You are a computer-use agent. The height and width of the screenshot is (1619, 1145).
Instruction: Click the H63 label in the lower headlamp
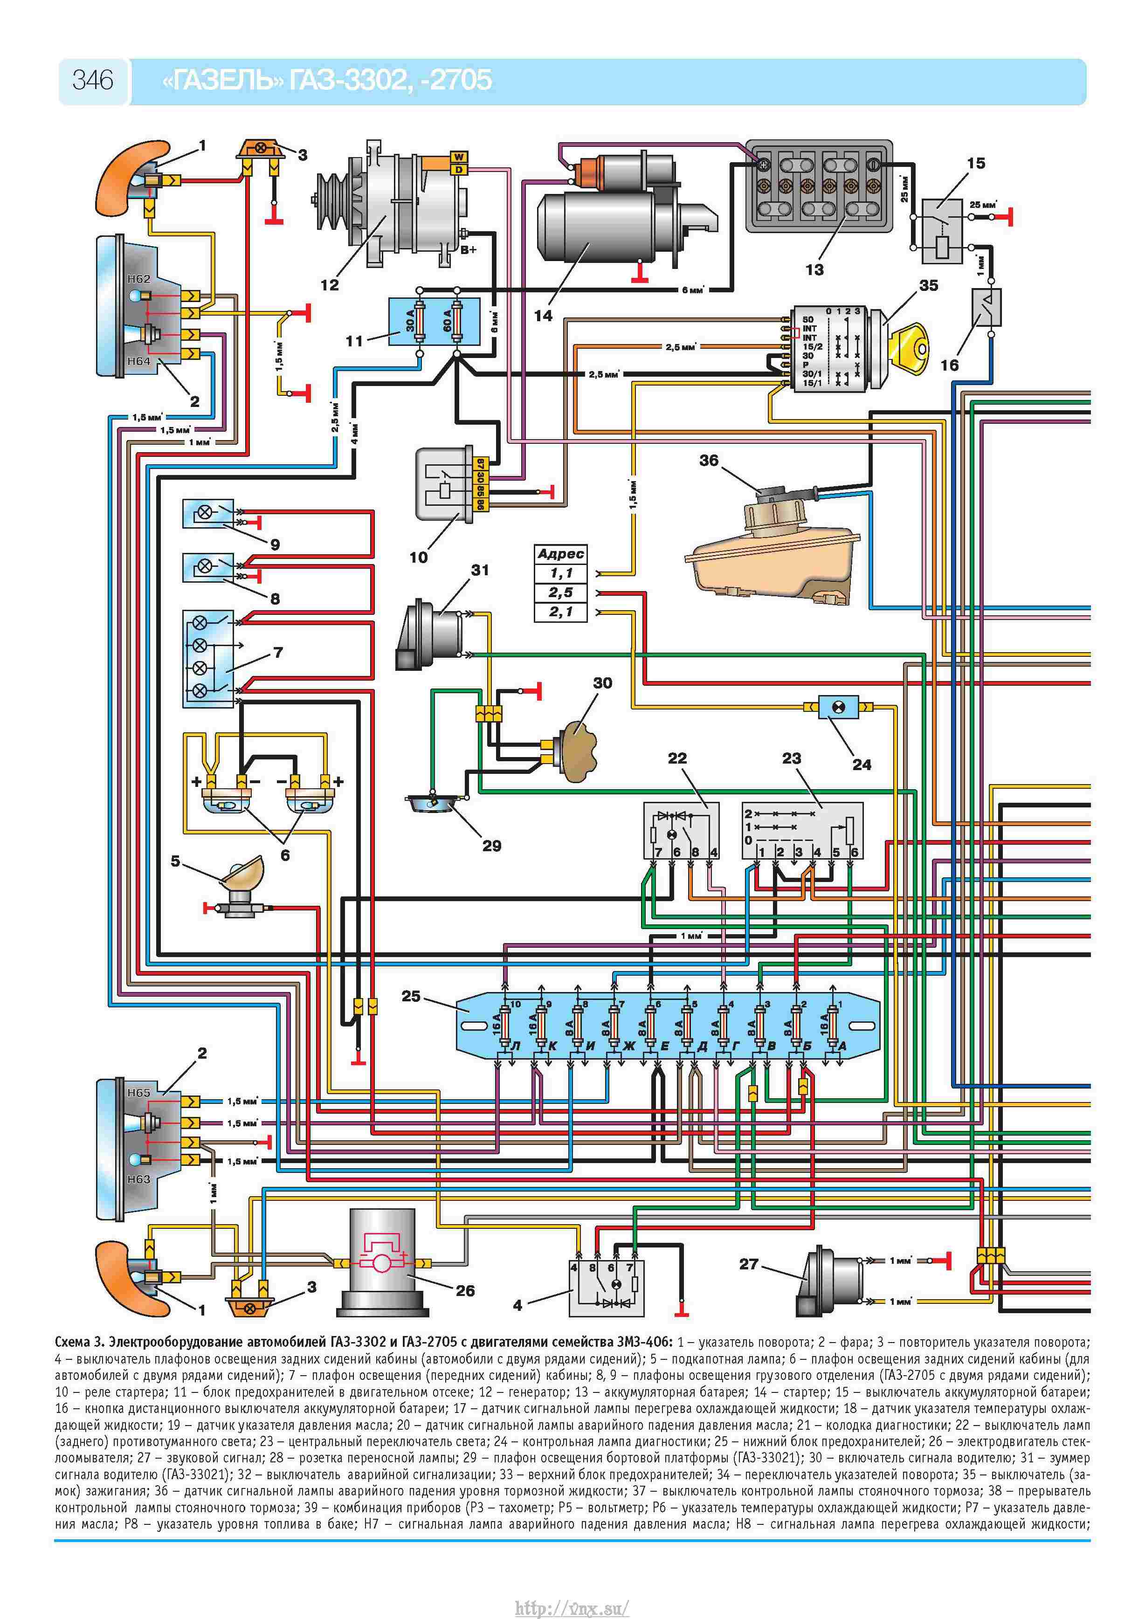point(139,1178)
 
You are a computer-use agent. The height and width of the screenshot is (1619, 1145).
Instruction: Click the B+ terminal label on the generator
point(469,249)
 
